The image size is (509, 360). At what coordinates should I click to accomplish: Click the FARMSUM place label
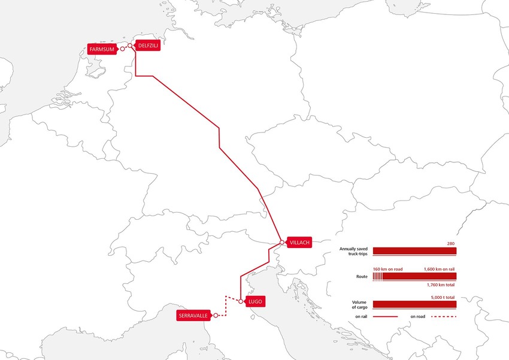coord(102,49)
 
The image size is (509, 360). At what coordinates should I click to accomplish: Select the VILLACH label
coord(299,243)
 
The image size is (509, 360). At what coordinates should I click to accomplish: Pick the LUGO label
coord(255,301)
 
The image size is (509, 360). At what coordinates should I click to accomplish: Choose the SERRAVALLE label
coord(193,316)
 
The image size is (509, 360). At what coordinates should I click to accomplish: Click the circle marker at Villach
coord(283,243)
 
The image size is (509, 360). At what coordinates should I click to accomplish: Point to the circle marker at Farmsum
coord(122,49)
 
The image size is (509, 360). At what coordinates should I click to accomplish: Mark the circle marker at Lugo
coord(240,301)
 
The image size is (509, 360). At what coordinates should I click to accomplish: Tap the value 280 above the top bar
coord(452,243)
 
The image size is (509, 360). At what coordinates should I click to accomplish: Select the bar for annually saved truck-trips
coord(414,250)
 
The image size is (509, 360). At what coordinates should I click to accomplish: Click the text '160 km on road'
coord(387,269)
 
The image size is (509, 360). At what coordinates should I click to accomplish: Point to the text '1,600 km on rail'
coord(440,269)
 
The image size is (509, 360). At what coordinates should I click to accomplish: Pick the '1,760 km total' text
coord(442,284)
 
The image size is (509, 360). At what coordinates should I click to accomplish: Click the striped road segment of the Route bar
coord(377,276)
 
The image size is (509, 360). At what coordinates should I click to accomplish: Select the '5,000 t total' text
coord(443,297)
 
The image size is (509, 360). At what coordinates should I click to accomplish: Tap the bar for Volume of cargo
coord(414,304)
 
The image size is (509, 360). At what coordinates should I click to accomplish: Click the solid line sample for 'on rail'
coord(385,316)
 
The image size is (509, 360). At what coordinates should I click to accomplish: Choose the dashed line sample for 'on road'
coord(443,316)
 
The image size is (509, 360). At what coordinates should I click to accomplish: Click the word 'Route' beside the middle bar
coord(360,276)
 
